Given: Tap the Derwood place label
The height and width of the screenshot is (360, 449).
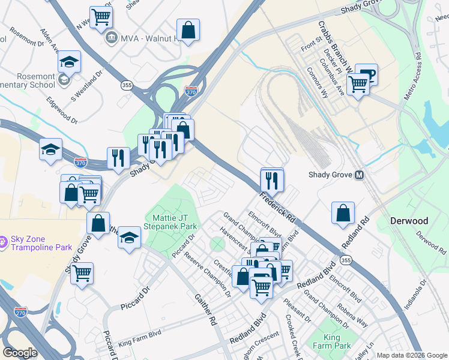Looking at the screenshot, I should tap(409, 221).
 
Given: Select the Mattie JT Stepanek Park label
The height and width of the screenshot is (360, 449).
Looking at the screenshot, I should tap(170, 223).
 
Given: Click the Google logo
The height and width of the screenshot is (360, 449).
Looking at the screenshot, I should tap(20, 353).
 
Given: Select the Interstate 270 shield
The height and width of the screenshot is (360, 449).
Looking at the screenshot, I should tap(20, 311).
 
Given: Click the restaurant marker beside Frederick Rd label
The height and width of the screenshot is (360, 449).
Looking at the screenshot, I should tap(272, 179).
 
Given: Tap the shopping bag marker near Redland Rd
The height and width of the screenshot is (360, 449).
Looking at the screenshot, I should tap(343, 213).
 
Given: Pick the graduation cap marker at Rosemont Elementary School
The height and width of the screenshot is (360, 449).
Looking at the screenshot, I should tap(70, 62).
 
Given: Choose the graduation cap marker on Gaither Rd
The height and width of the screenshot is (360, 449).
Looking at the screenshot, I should tap(129, 237).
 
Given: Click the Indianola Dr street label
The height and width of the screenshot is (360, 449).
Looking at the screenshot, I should tap(415, 294).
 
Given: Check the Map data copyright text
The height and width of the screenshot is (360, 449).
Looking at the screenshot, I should tap(411, 355).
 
